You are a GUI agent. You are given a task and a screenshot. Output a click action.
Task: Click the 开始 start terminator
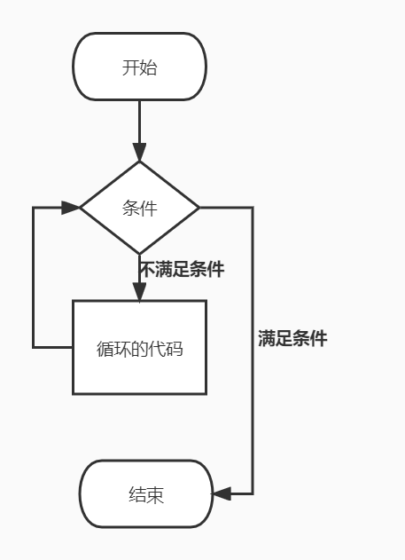point(139,67)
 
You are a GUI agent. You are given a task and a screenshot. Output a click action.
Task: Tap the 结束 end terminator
point(146,494)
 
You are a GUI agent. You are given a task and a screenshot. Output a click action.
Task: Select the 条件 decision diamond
point(139,208)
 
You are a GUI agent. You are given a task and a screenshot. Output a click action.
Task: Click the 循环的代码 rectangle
point(139,348)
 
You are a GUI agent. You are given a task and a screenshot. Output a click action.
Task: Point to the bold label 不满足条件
point(182,269)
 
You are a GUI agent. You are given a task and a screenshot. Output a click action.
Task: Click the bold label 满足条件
point(292,338)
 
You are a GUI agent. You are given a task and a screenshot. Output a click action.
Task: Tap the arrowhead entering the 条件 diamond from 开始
point(139,152)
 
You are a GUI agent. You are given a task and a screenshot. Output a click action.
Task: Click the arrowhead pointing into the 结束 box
point(222,493)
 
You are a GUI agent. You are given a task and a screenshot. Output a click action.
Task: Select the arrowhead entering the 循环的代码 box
point(139,292)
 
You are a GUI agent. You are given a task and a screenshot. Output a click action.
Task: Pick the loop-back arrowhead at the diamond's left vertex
point(71,208)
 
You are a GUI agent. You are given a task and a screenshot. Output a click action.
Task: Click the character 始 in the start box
point(148,67)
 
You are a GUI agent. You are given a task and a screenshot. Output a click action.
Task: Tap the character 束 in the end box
point(156,495)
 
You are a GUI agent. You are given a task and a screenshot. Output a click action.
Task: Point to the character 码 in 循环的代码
point(174,349)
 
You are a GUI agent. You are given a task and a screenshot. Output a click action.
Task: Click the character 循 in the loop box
point(105,349)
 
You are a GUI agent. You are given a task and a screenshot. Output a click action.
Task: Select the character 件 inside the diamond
point(148,209)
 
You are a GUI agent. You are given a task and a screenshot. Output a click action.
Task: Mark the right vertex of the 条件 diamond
point(199,208)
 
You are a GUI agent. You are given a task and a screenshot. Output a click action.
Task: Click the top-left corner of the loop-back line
point(34,208)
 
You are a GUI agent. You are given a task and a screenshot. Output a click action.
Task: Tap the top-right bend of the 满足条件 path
point(253,208)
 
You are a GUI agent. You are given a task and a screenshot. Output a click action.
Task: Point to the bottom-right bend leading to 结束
point(253,493)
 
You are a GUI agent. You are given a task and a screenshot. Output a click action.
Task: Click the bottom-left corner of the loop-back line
point(34,346)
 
